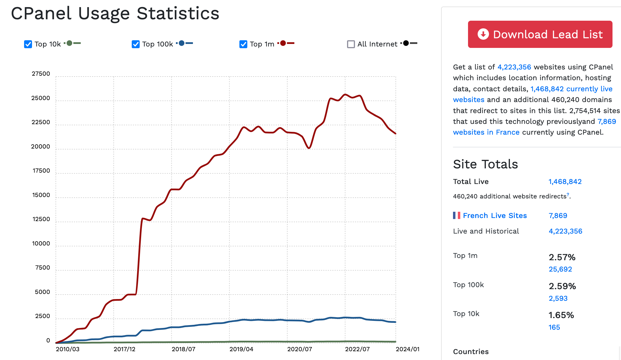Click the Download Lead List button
click(540, 34)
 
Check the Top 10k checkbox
click(28, 44)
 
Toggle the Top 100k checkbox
click(136, 44)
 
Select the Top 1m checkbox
click(243, 44)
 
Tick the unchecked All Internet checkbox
click(351, 44)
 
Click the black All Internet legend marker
click(406, 43)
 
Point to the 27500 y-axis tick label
click(41, 74)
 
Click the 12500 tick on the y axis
click(41, 219)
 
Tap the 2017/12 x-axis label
click(124, 349)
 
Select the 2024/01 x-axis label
click(407, 349)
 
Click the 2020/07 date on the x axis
click(299, 349)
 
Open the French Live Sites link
click(495, 216)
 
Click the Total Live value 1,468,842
click(565, 182)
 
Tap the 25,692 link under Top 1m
click(560, 269)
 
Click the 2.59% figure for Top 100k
click(562, 286)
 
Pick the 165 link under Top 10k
click(554, 327)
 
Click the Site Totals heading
click(485, 164)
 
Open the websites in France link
click(486, 132)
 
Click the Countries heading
click(471, 352)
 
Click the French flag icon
click(456, 215)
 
